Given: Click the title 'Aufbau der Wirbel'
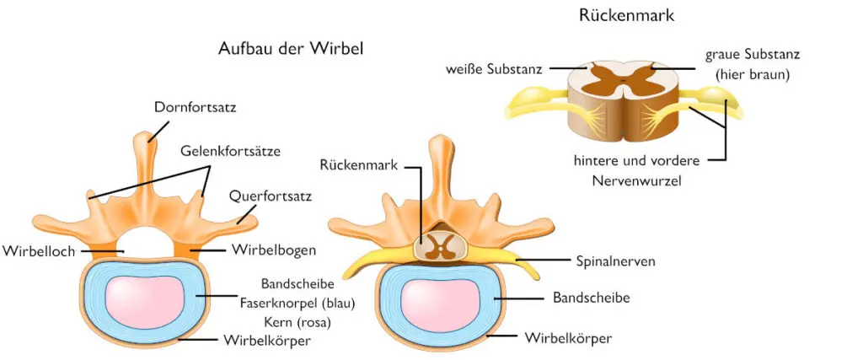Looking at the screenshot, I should pyautogui.click(x=290, y=49).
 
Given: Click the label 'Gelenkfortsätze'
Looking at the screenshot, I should pyautogui.click(x=229, y=151).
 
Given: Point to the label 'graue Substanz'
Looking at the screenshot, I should pyautogui.click(x=753, y=54).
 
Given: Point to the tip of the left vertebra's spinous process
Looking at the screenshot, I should pyautogui.click(x=150, y=135).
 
